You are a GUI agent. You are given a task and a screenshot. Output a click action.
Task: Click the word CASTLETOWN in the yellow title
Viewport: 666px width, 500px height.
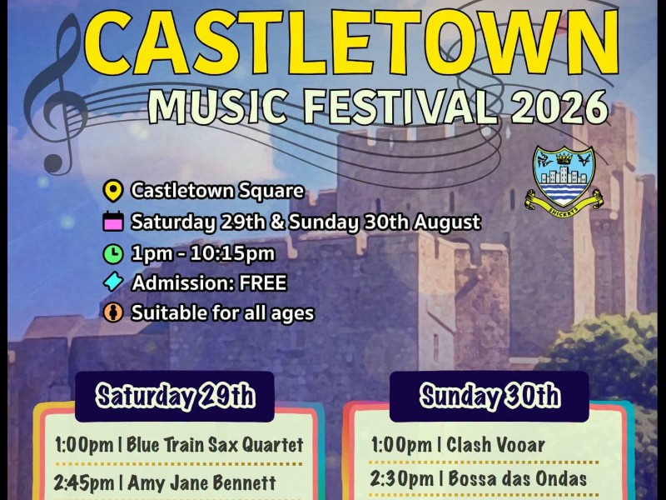(351, 42)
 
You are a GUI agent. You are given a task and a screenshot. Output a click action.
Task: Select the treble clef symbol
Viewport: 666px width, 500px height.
(54, 93)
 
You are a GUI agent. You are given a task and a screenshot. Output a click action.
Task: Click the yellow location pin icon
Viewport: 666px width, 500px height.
(113, 191)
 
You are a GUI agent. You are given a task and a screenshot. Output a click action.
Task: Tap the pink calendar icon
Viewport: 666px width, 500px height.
(113, 222)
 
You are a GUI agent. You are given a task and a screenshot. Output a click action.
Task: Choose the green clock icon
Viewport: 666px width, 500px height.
(113, 254)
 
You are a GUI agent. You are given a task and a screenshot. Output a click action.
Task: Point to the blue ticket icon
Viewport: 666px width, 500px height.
(113, 282)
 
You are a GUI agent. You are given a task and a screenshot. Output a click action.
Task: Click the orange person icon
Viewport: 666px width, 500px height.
(113, 312)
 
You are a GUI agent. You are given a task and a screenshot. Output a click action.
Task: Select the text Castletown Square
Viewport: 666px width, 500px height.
(217, 191)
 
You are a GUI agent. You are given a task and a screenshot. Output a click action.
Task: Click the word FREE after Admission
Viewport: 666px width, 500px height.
(263, 282)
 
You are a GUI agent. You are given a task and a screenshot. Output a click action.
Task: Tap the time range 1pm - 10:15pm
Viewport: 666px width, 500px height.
(203, 254)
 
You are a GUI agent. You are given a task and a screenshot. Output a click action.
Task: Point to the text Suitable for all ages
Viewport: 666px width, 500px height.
(222, 313)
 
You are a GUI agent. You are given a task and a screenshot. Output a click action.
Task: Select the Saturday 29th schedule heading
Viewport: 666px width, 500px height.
(175, 397)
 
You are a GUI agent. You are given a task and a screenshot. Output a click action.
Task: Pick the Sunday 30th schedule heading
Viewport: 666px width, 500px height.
(490, 397)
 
